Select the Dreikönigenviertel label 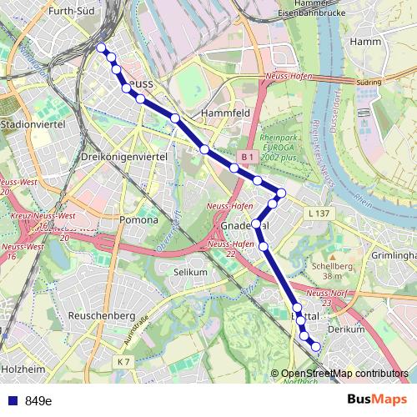coord(126,157)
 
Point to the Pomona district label coord(139,220)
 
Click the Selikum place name coord(189,273)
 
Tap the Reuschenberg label coord(101,316)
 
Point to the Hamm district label coord(366,40)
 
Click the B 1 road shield coord(246,157)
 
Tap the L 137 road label coord(318,214)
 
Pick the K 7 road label coord(124,361)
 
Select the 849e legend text coord(38,401)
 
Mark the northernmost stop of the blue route coord(101,48)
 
